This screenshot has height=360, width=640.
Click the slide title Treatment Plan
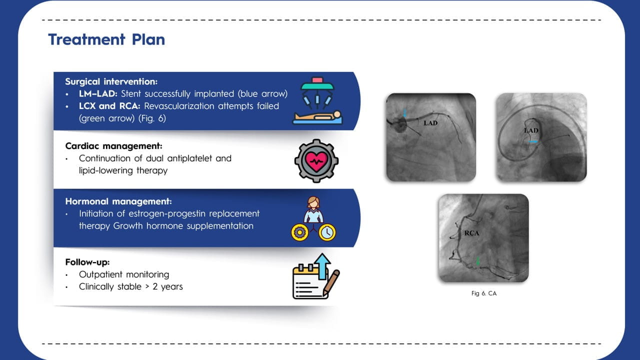106,39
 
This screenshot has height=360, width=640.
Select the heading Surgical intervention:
111,81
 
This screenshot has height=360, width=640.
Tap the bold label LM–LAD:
98,93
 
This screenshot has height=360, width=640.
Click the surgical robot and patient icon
317,101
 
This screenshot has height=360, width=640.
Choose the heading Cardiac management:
113,146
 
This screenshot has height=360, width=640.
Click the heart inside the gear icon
316,161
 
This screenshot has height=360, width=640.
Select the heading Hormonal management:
118,201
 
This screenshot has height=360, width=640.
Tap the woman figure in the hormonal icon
313,209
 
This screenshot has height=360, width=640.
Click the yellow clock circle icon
327,232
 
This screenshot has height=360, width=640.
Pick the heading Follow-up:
87,262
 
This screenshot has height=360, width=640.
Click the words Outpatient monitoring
124,274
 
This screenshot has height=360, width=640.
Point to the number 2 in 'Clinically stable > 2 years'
155,286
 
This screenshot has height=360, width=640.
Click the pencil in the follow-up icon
331,282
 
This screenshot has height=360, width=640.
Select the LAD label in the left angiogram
430,123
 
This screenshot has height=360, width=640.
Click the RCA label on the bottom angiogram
471,233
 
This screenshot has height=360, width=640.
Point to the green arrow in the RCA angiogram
477,261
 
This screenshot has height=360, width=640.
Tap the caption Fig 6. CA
484,293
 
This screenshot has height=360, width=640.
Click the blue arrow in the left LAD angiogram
404,113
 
